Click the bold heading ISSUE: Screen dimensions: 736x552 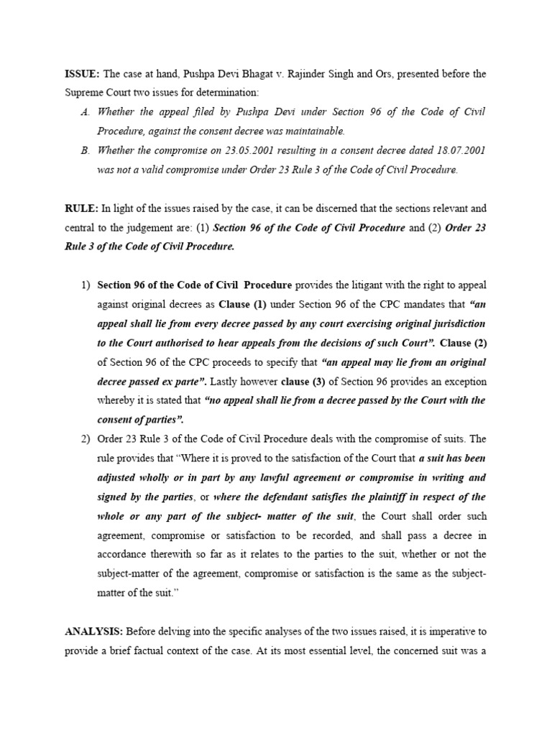point(83,74)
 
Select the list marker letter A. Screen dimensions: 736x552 point(86,112)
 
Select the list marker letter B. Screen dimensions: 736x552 point(86,150)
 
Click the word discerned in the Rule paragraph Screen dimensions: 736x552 point(321,208)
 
